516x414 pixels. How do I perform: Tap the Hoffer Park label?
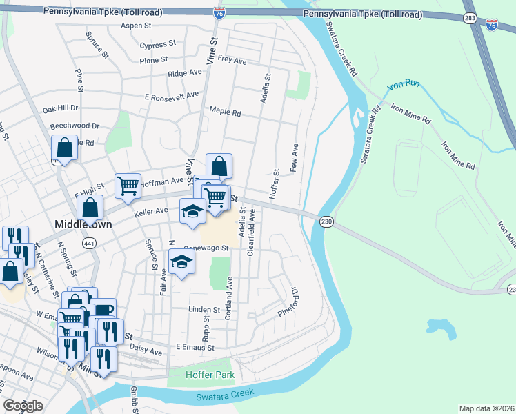point(210,375)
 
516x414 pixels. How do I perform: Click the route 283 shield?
point(470,19)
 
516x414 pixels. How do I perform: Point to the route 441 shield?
point(90,243)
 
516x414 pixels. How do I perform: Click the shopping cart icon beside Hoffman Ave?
point(128,185)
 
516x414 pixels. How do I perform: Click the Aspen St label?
point(136,26)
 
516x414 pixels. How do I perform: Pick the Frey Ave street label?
point(232,61)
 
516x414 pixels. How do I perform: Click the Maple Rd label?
point(225,112)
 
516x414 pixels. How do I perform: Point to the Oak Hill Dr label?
point(61,109)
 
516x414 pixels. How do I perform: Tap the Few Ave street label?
point(295,158)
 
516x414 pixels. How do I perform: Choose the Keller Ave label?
point(151,211)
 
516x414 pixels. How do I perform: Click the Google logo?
point(23,406)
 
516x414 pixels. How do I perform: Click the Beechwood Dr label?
point(75,126)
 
